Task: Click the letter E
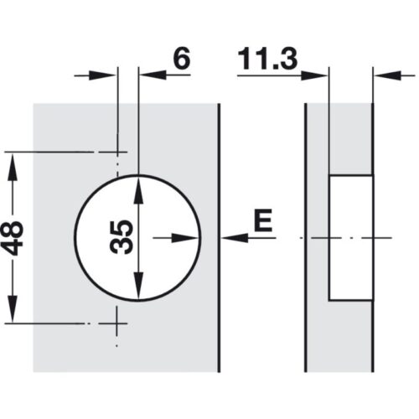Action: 263,220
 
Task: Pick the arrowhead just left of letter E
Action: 230,237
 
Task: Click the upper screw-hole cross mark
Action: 117,153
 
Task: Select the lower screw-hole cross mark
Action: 117,322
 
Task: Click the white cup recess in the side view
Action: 350,237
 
